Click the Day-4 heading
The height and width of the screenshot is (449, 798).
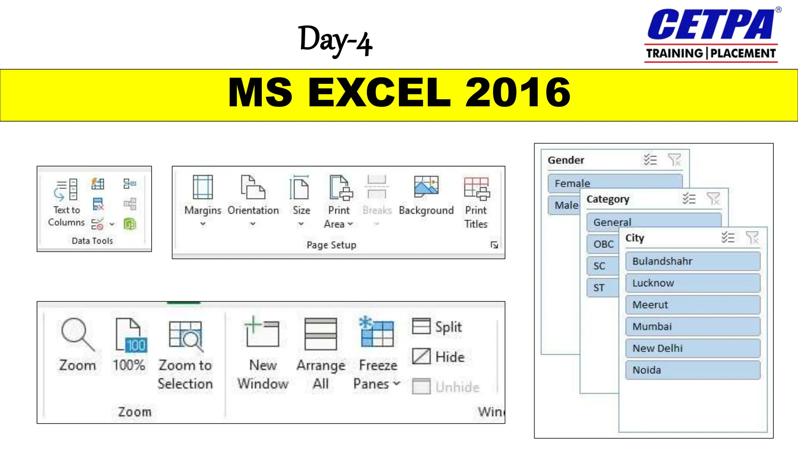click(x=335, y=40)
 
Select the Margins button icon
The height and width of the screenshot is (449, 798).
click(x=203, y=187)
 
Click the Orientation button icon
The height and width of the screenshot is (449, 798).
click(x=253, y=187)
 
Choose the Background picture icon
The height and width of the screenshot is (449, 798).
click(x=426, y=186)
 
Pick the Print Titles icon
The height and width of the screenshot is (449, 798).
click(x=476, y=188)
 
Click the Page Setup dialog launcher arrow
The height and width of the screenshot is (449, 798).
click(x=494, y=245)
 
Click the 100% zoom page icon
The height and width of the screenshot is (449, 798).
click(x=131, y=335)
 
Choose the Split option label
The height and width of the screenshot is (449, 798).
click(x=448, y=327)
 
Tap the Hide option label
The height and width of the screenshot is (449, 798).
click(x=450, y=357)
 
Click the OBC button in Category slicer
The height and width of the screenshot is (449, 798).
click(x=603, y=244)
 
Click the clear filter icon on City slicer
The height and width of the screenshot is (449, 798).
click(x=752, y=237)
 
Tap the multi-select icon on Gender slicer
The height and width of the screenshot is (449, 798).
click(x=650, y=160)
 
